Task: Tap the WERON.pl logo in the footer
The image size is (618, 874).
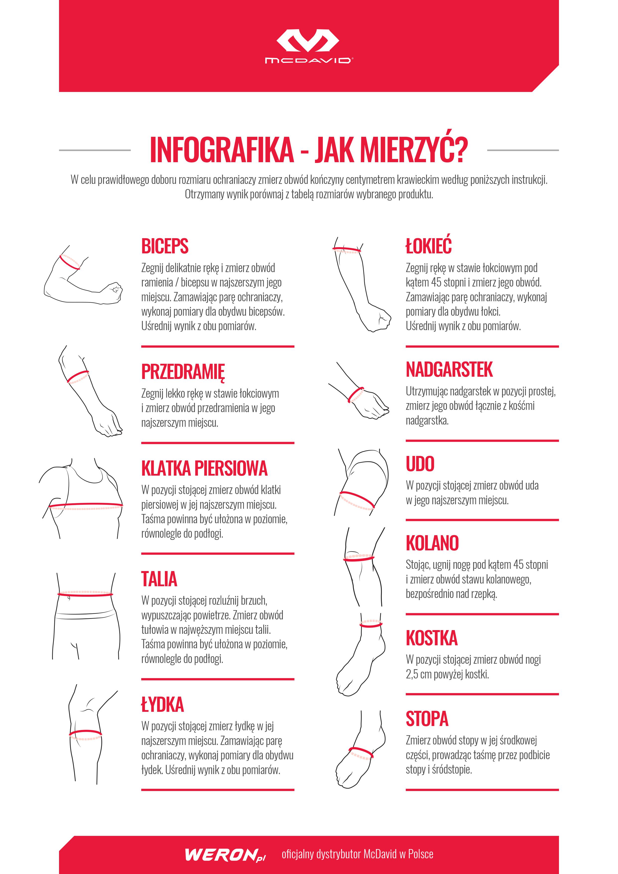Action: coord(225,855)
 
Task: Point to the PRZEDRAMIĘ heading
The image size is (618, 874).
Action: coord(183,372)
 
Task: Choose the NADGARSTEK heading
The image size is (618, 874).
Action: coord(449,370)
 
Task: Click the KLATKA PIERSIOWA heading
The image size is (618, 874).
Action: coord(204,468)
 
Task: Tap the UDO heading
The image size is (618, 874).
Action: coord(420,464)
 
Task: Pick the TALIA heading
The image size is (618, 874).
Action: coord(159,579)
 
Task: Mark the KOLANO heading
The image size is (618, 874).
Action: coord(432,543)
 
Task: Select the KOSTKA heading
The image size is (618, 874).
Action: coord(431,638)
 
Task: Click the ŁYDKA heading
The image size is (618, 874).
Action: coord(162,702)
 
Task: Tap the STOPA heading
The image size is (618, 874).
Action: coord(427,719)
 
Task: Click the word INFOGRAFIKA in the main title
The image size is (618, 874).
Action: coord(222,150)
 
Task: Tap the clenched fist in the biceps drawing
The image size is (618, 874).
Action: coord(113,292)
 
